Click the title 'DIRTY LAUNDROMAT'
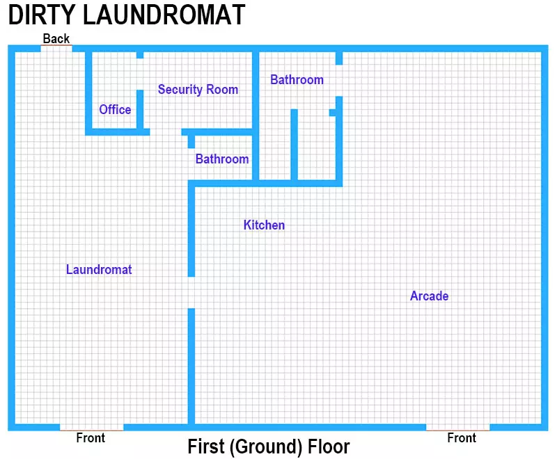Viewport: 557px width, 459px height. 127,15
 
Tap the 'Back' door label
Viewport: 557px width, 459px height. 56,38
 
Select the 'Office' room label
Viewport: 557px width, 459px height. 115,109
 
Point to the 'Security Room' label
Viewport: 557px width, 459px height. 198,90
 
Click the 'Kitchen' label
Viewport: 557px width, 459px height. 264,225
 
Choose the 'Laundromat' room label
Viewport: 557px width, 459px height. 99,270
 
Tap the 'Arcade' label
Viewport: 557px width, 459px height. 429,296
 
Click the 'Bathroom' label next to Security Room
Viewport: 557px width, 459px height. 297,80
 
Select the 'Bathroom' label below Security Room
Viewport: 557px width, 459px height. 222,159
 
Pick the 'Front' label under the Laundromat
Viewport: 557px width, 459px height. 91,437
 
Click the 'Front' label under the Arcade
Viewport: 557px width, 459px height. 462,437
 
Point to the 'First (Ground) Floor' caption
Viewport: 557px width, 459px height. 269,446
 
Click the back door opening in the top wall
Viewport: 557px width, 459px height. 56,49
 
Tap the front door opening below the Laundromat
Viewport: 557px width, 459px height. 92,427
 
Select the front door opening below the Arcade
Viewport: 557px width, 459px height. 458,427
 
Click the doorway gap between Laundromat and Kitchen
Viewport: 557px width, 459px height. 191,292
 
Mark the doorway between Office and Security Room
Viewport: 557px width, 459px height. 140,74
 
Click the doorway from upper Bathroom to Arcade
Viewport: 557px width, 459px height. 339,81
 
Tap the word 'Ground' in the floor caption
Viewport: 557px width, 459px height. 267,447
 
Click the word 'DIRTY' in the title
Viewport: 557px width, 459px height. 42,15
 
